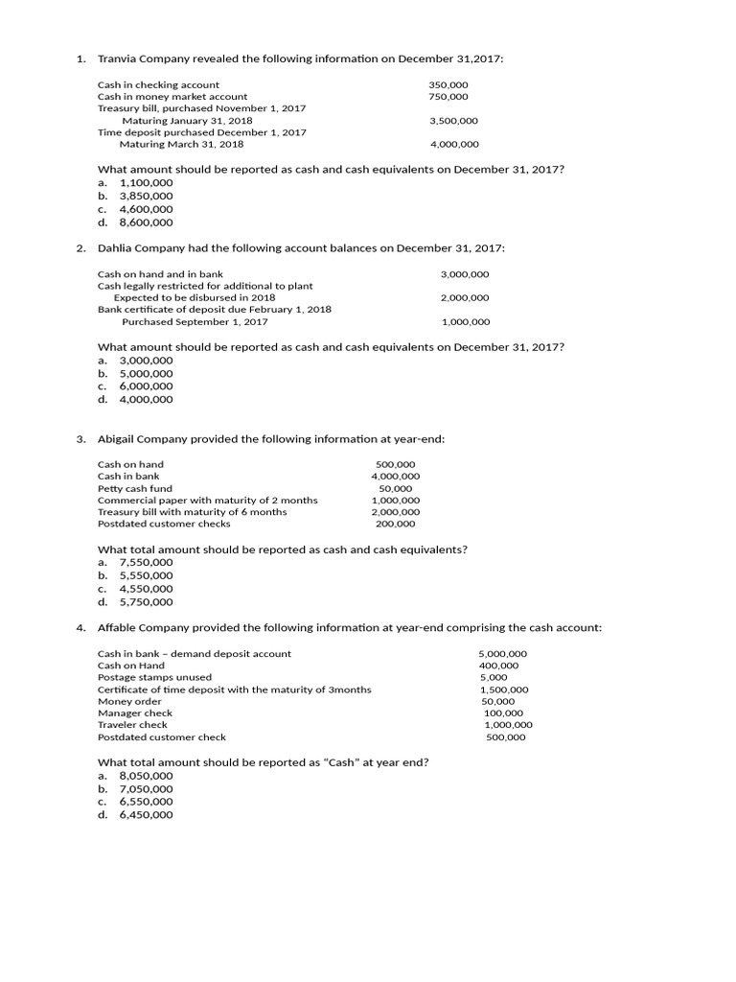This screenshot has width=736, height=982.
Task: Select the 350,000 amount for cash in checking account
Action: pyautogui.click(x=448, y=84)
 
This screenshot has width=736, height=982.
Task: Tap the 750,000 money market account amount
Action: pyautogui.click(x=448, y=96)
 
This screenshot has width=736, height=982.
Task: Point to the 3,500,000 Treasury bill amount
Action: pyautogui.click(x=454, y=121)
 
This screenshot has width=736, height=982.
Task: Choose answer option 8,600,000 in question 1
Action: pyautogui.click(x=146, y=222)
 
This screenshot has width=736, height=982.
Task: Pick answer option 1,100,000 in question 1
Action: pyautogui.click(x=146, y=182)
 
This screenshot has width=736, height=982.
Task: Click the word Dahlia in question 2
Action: pyautogui.click(x=117, y=248)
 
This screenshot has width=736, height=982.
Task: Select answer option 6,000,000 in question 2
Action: pyautogui.click(x=146, y=386)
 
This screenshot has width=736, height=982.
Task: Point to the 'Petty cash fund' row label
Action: pyautogui.click(x=135, y=488)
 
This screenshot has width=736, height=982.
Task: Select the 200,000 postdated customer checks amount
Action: pyautogui.click(x=396, y=524)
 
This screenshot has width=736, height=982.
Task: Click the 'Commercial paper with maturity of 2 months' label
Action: pyautogui.click(x=207, y=501)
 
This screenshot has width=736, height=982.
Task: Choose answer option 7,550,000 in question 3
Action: pyautogui.click(x=146, y=562)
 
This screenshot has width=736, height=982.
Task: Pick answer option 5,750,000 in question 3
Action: pyautogui.click(x=146, y=602)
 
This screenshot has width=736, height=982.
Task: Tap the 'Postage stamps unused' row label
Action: pyautogui.click(x=154, y=677)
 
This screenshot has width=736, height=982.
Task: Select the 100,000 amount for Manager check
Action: pyautogui.click(x=504, y=713)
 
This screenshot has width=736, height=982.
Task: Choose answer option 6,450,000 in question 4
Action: pyautogui.click(x=146, y=815)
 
